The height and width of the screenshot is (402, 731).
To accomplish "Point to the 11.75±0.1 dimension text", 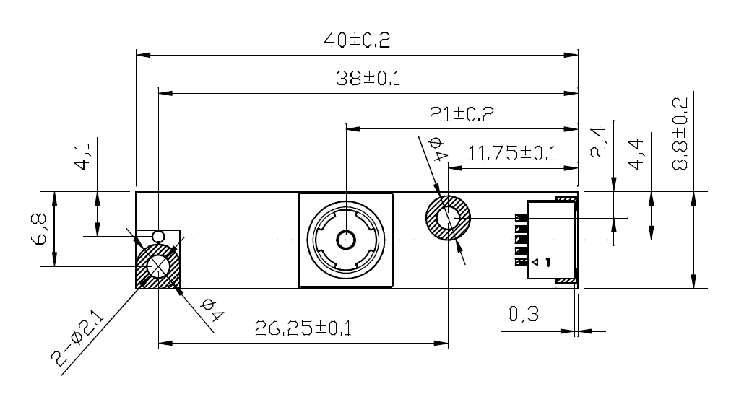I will coord(512,153).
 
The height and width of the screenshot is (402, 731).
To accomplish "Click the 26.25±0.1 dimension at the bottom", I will coord(303,329).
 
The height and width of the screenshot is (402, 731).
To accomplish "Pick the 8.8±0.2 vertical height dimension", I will coord(680,134).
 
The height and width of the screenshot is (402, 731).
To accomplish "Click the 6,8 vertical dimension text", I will coord(42,230).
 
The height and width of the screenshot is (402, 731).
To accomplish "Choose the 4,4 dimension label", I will coord(636,154).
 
